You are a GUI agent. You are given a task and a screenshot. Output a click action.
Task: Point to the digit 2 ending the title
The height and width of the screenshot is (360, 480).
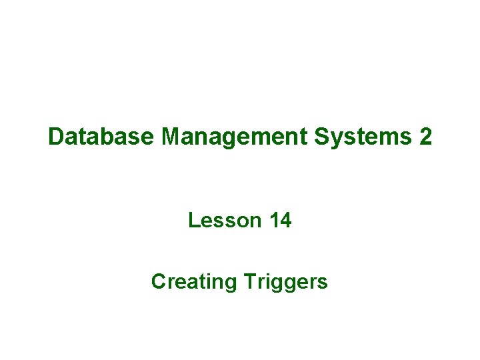point(425,137)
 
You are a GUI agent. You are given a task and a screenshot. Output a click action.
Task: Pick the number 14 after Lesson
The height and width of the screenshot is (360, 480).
point(281,220)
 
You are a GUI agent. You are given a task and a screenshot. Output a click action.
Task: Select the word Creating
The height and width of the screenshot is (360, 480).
point(194,282)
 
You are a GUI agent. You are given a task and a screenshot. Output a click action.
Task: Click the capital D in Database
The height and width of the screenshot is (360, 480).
point(56,137)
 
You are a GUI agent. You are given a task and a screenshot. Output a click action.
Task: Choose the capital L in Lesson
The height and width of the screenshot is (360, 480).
point(193,220)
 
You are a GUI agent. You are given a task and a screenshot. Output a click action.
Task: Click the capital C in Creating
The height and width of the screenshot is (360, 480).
point(159,282)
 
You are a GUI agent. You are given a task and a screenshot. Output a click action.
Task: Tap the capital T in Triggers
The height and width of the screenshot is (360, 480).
point(249,282)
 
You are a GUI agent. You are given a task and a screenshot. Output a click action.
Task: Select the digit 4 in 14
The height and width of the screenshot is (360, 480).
point(286,220)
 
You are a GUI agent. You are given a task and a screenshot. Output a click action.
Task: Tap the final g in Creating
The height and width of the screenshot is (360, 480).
point(231,284)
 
